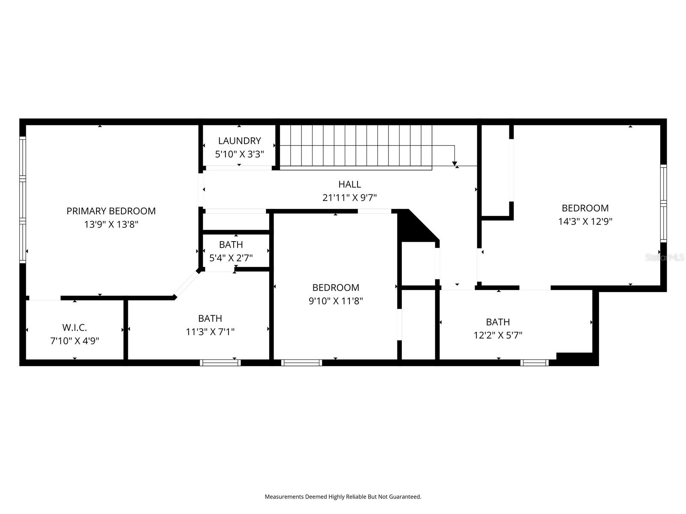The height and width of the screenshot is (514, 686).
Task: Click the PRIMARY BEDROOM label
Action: click(x=111, y=211)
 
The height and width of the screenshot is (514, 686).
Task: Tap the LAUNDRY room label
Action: click(x=239, y=140)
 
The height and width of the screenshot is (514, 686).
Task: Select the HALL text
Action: click(x=349, y=184)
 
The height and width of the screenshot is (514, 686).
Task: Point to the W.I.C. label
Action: click(x=75, y=328)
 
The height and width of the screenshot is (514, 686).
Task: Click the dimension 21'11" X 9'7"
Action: click(x=349, y=198)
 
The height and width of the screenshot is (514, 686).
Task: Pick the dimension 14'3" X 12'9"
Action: click(x=585, y=221)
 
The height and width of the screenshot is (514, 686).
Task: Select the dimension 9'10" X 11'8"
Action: click(x=336, y=301)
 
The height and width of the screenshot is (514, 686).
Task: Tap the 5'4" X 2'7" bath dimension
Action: click(x=231, y=258)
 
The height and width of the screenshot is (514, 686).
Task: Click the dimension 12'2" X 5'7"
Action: click(x=498, y=335)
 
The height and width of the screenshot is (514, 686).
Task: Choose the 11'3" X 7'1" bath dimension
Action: click(x=210, y=332)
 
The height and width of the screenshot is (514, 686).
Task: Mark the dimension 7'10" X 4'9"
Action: click(x=75, y=341)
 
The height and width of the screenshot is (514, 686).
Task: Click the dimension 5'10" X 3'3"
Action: click(x=239, y=154)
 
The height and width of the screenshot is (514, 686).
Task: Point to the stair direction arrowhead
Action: click(x=454, y=164)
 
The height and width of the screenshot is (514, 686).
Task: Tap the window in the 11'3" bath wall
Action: click(x=220, y=363)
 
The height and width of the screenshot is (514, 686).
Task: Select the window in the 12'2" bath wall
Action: click(x=534, y=363)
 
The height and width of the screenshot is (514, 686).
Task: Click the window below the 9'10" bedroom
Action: click(x=301, y=363)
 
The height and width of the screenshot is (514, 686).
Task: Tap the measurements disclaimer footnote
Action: click(x=343, y=497)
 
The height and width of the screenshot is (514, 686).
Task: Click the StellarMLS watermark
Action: click(x=665, y=257)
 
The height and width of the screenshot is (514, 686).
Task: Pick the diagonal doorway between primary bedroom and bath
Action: click(x=186, y=284)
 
